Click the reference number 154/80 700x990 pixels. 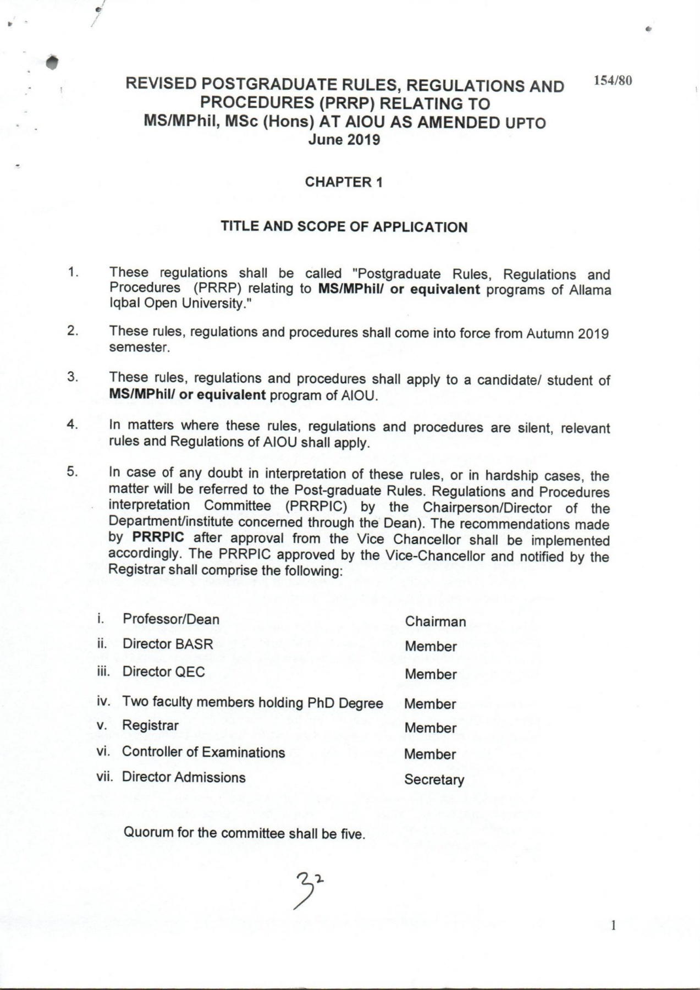pos(612,81)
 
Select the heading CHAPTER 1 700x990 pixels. pos(344,182)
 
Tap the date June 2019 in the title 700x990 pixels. pos(344,140)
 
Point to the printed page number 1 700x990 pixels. pos(614,926)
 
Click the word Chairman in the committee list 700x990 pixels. pos(435,621)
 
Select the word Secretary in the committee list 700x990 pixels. pos(434,779)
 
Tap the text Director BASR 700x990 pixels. pos(168,644)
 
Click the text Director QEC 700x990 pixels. pos(163,672)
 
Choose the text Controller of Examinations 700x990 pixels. pos(203,752)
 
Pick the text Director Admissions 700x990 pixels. pos(184,777)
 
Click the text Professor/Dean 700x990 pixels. pos(171,619)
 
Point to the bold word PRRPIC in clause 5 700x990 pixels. pos(158,537)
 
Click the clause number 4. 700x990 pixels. pos(71,424)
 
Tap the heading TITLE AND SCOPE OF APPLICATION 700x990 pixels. pos(344,227)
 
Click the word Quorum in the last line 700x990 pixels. pos(148,832)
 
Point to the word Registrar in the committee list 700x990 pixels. pos(150,725)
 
